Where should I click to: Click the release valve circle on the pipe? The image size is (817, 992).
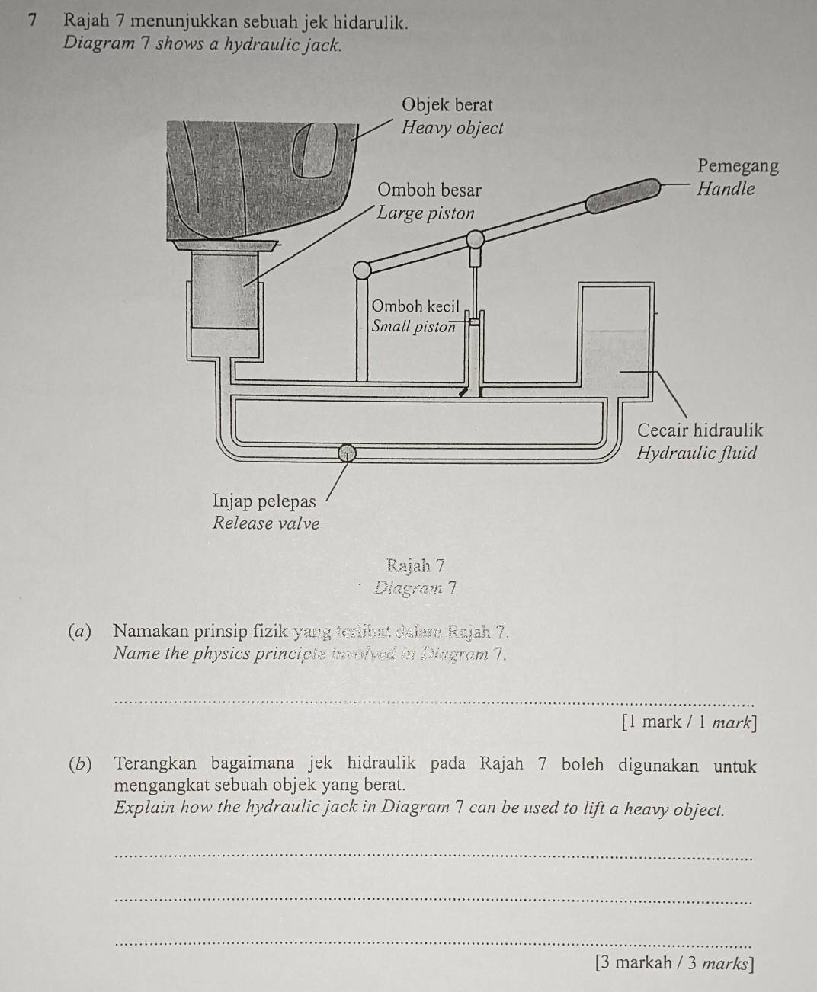pos(347,453)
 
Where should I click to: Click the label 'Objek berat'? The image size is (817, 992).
pos(447,104)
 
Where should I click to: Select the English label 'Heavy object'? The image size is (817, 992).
pos(452,128)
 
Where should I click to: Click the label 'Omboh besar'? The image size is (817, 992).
pos(430,189)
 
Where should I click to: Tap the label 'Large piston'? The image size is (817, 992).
pos(426,213)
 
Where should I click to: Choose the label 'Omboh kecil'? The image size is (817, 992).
pos(415,306)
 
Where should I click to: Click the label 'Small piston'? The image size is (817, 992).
pos(414,327)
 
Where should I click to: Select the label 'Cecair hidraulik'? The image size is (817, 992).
pos(699,430)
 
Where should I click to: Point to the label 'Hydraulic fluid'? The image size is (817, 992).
pos(697,453)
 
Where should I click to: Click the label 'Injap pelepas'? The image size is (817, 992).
pos(264,501)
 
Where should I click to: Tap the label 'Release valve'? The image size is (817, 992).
pos(266,523)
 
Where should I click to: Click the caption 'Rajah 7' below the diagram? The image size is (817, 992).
pos(415,565)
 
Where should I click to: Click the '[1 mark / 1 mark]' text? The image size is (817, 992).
pos(689,722)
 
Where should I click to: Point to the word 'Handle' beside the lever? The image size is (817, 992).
pos(726,189)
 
